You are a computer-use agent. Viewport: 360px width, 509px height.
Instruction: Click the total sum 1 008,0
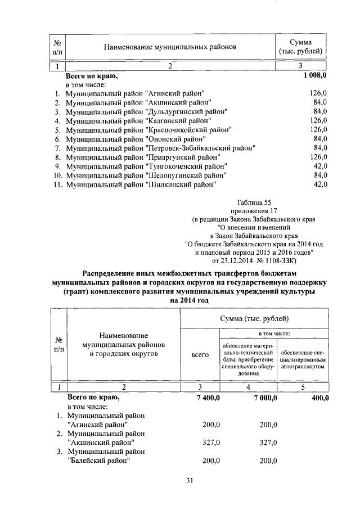click(313, 75)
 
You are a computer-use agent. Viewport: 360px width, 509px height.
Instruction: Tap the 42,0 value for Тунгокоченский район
click(319, 166)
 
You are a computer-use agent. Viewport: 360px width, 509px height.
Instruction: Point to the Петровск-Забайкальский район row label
click(160, 148)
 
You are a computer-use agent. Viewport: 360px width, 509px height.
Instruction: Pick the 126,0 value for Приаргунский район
click(318, 157)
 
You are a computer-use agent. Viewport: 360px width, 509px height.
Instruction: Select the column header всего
click(200, 355)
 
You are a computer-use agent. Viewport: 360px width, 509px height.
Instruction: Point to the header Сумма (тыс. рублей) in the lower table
click(254, 318)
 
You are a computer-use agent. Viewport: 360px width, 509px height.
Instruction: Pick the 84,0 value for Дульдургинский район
click(319, 111)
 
